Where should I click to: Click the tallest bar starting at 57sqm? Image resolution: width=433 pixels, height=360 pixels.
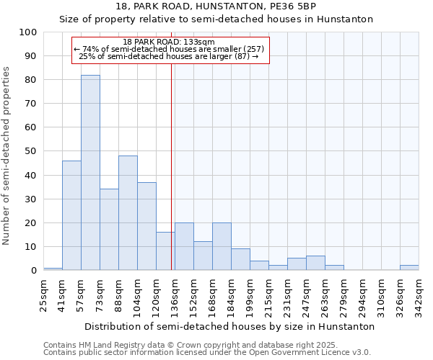90,173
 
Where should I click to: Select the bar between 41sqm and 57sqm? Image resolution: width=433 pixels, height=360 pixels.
71,215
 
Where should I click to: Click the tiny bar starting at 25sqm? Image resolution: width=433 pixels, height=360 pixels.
53,269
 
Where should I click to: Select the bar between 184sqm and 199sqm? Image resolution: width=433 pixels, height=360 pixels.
240,259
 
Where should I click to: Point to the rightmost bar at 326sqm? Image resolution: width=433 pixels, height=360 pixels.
409,268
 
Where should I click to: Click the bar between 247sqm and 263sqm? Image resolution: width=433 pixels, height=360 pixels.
315,263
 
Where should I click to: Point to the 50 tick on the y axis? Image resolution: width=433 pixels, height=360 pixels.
31,151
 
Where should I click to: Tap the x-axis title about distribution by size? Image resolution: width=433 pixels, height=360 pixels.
229,326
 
